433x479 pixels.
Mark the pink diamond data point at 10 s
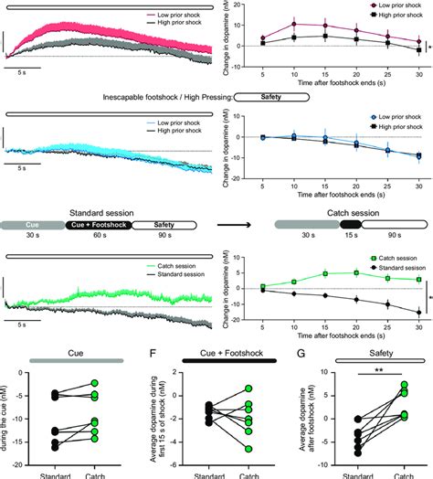(x=293, y=25)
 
